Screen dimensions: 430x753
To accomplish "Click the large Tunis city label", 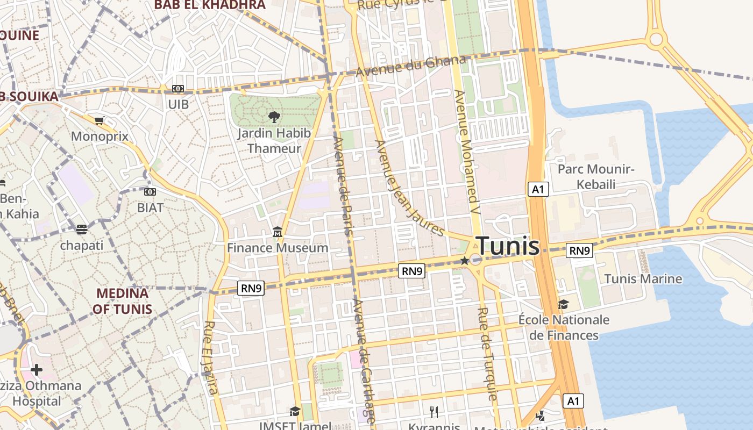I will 508,246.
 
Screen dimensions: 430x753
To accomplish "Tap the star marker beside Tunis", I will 465,261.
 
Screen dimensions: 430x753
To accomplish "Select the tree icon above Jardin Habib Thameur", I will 274,117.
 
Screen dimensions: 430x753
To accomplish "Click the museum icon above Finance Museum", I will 278,233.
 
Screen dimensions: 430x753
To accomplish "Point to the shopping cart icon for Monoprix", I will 99,121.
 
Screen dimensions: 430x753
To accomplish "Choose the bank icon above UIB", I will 178,89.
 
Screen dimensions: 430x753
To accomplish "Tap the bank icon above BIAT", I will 150,192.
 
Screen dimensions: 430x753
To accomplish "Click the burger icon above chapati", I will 81,230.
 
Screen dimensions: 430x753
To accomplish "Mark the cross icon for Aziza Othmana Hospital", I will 37,370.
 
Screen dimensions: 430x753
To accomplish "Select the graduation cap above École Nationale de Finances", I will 563,304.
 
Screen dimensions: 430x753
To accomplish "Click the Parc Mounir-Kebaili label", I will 596,177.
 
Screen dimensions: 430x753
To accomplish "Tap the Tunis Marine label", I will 643,279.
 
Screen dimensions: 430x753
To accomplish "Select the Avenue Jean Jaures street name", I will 409,188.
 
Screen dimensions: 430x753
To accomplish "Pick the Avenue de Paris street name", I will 343,185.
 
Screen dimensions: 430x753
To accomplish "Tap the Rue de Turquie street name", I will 487,354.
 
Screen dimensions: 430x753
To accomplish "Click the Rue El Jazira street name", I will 211,357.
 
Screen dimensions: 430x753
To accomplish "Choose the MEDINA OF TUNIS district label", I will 122,302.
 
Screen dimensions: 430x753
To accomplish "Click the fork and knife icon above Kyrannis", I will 434,412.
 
